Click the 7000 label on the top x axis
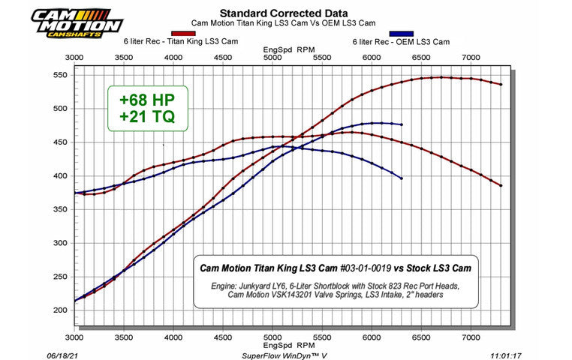click(471, 56)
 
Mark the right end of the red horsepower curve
click(501, 84)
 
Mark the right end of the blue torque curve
click(402, 178)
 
